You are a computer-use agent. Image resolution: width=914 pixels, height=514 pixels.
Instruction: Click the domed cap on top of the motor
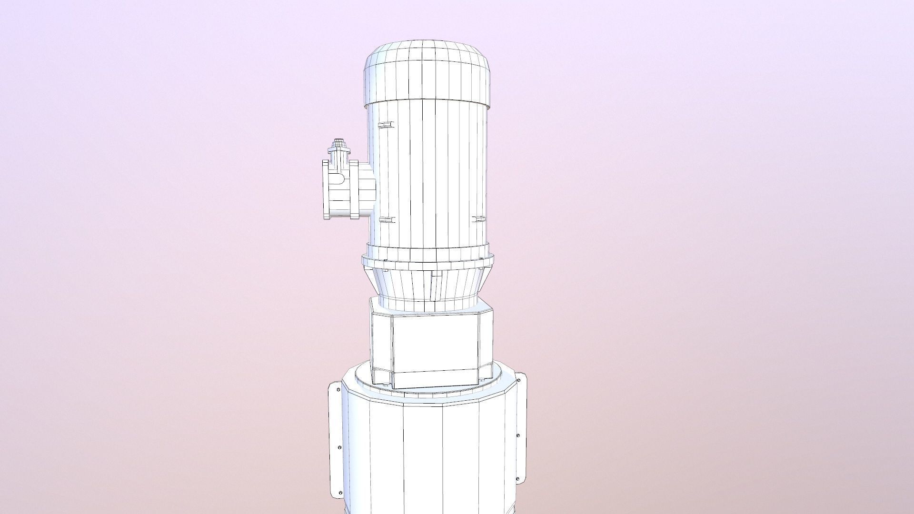coord(427,71)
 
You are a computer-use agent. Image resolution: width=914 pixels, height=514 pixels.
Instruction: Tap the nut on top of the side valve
coord(338,143)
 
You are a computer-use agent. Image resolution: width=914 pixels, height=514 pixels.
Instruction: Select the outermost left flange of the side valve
coord(326,189)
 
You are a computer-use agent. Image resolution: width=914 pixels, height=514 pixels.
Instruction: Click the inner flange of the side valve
coord(354,189)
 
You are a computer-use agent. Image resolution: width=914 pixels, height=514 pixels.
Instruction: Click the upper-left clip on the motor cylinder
coord(386,125)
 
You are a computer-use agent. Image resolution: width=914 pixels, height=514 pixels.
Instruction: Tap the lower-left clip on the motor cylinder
coord(387,220)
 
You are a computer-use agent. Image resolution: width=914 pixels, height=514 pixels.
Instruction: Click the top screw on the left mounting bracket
coord(338,390)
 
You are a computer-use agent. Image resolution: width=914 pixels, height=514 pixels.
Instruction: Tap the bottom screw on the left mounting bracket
coord(340,493)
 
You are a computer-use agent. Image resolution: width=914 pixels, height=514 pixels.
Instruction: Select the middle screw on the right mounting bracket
coord(518,435)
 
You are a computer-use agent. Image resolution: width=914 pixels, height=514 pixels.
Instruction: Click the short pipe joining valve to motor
coord(367,188)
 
